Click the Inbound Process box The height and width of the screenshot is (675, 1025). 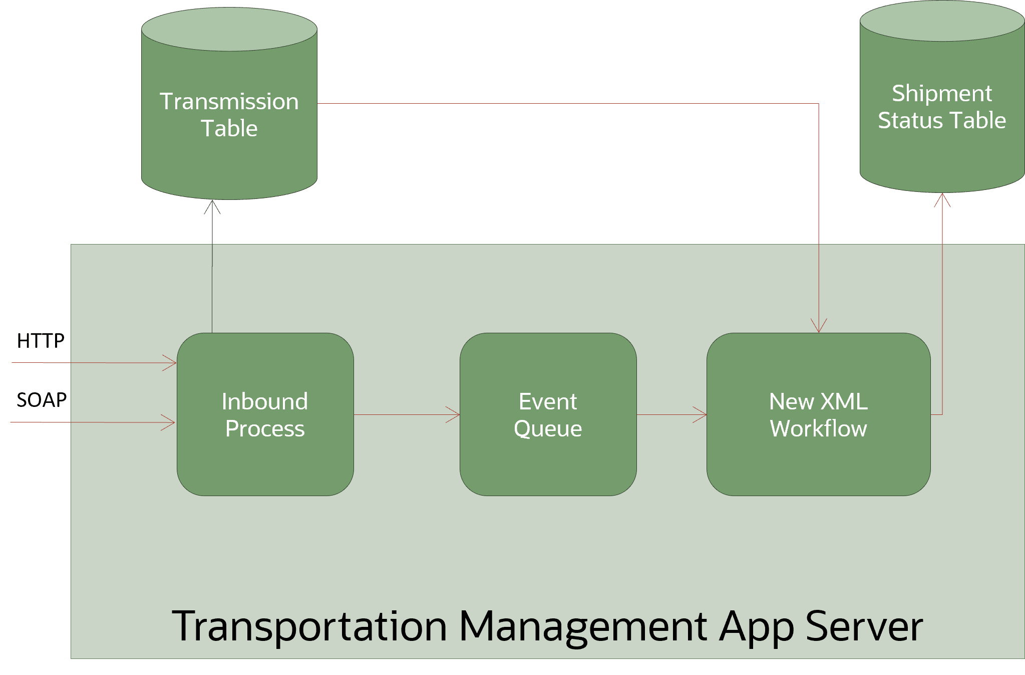(265, 414)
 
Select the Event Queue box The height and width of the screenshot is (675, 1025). (548, 414)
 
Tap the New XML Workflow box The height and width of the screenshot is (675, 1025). (818, 414)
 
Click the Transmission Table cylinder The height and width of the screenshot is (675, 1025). (229, 115)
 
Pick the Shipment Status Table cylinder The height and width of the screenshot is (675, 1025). (941, 108)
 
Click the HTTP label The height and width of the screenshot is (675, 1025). (41, 341)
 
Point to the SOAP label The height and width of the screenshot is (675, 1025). (42, 400)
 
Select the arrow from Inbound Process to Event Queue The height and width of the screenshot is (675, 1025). (406, 414)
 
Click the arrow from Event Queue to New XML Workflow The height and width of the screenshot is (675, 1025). (671, 414)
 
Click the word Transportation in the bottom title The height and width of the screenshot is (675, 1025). (309, 626)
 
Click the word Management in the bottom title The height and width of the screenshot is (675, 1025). (583, 626)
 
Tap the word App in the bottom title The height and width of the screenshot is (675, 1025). (756, 626)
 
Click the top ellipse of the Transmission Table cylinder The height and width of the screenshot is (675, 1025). (229, 29)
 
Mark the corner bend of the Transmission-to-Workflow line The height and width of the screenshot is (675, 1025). (819, 104)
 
